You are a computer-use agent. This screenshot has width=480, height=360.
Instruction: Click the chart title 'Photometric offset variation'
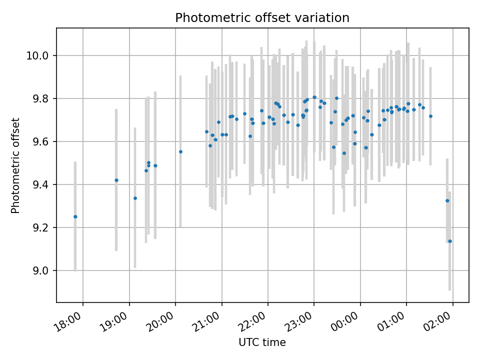click(x=262, y=18)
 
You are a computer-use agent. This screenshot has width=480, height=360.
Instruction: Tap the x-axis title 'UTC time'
click(x=262, y=342)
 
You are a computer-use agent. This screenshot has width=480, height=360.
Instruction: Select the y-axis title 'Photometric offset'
click(x=15, y=165)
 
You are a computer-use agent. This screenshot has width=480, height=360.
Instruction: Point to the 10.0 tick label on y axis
click(x=37, y=55)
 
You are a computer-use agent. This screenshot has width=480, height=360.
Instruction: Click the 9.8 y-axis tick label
click(x=40, y=98)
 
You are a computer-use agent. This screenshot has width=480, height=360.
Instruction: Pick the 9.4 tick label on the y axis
click(x=40, y=184)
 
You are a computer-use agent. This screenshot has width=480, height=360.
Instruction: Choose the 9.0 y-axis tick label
click(x=40, y=270)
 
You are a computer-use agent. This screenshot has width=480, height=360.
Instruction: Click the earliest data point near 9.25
click(x=75, y=216)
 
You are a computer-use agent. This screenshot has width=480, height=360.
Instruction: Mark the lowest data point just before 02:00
click(x=450, y=241)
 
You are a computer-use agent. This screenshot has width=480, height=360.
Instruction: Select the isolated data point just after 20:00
click(x=180, y=151)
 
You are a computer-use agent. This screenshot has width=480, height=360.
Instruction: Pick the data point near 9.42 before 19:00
click(x=116, y=180)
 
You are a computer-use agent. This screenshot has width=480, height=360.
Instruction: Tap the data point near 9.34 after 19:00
click(x=135, y=198)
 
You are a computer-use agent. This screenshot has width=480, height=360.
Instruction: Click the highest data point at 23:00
click(x=314, y=97)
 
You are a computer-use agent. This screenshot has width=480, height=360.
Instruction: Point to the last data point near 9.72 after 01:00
click(x=430, y=116)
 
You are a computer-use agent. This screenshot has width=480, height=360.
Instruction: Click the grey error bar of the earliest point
click(x=75, y=216)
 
